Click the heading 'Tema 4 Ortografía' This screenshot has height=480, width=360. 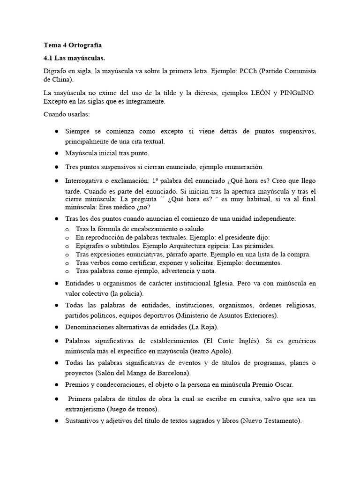(72, 45)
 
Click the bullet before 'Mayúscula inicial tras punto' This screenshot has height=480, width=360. (56, 153)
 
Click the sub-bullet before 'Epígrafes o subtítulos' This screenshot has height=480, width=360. (67, 246)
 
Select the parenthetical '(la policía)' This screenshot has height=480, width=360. (125, 294)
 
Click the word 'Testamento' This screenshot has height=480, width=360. (282, 421)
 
